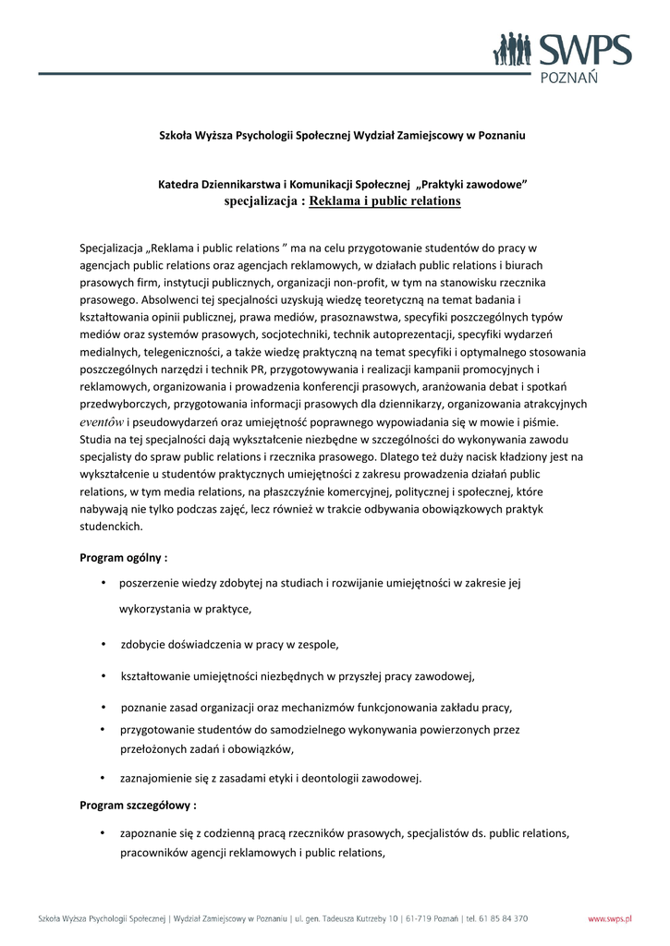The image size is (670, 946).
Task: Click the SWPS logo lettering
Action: [x=585, y=50]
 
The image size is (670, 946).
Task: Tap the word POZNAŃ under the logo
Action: [x=567, y=78]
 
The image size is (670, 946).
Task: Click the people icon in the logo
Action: [x=513, y=50]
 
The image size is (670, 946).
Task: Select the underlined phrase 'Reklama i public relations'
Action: [x=384, y=200]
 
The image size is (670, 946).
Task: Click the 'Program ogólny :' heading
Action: [x=124, y=557]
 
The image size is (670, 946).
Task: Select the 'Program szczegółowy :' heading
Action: [x=138, y=805]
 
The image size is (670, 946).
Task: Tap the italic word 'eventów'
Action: [x=102, y=421]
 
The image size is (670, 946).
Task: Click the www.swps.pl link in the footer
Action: [x=610, y=918]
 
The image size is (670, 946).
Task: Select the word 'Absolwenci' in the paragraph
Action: [x=174, y=299]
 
